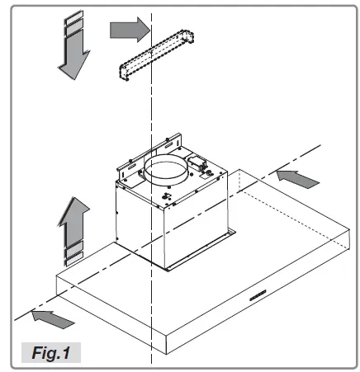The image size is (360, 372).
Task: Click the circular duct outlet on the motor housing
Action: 169,176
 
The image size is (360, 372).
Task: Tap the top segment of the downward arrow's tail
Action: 73,19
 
